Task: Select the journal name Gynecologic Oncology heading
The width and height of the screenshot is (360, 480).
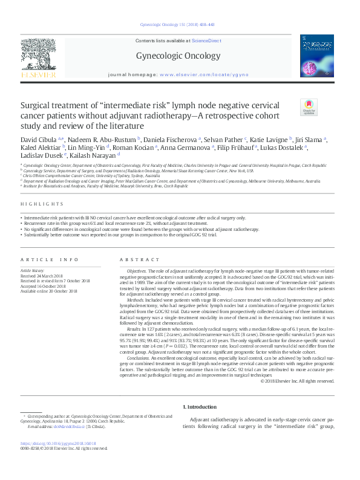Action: [x=182, y=56]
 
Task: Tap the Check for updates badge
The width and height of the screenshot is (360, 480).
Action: [x=309, y=106]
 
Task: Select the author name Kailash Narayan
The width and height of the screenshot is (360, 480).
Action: [x=96, y=154]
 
